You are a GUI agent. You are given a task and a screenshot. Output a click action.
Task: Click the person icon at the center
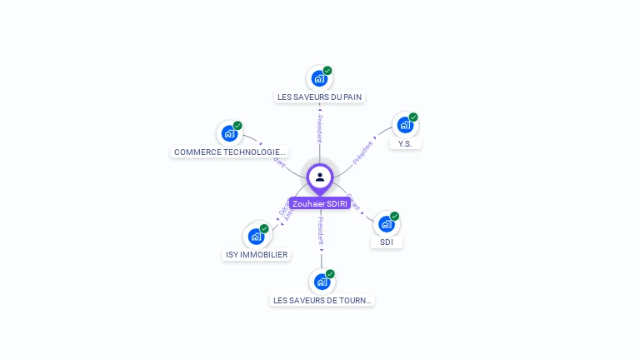click(x=320, y=177)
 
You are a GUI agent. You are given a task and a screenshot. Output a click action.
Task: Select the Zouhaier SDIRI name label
click(x=320, y=203)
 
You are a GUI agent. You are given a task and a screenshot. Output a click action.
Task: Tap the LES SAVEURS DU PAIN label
click(x=319, y=97)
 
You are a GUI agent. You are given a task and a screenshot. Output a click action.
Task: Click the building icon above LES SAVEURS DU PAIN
click(x=318, y=79)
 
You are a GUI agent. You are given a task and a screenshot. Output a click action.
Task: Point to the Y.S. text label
click(x=405, y=143)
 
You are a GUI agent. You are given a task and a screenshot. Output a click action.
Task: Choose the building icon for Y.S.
click(x=405, y=125)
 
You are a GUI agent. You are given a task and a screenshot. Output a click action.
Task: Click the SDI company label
click(x=387, y=242)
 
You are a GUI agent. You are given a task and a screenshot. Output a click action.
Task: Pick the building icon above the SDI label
click(x=386, y=223)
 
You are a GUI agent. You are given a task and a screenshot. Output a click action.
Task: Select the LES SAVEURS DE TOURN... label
click(x=322, y=300)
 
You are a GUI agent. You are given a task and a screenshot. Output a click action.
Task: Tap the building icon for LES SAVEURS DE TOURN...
click(x=322, y=282)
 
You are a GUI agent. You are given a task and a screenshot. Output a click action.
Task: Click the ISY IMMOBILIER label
click(x=257, y=254)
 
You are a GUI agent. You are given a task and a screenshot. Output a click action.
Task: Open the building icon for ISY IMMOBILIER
click(x=256, y=237)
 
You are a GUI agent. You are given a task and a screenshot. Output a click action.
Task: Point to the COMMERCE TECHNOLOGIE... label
click(x=230, y=152)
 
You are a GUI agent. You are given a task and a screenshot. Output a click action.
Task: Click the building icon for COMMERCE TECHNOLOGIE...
click(x=229, y=133)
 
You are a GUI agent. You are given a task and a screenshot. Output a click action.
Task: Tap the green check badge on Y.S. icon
click(x=413, y=117)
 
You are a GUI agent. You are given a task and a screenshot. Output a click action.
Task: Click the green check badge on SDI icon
click(x=394, y=216)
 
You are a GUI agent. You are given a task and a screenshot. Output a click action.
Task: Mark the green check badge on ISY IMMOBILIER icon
click(x=264, y=228)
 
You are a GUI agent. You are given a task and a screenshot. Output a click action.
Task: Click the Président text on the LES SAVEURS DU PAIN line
click(x=319, y=129)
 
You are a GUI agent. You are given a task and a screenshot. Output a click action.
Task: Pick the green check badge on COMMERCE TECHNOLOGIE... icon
click(x=237, y=126)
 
